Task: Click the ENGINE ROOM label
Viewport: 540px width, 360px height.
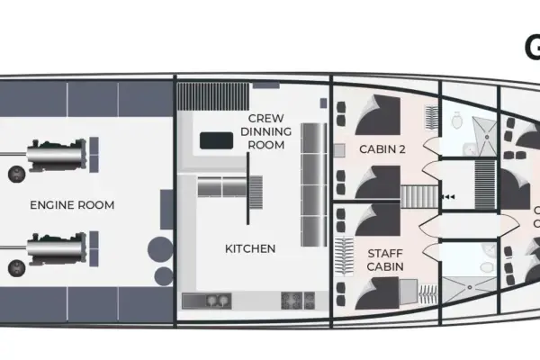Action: point(72,205)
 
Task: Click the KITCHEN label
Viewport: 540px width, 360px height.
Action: point(250,247)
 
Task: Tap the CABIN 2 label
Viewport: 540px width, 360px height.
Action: point(382,148)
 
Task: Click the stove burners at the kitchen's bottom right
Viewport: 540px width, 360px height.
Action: point(296,301)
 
